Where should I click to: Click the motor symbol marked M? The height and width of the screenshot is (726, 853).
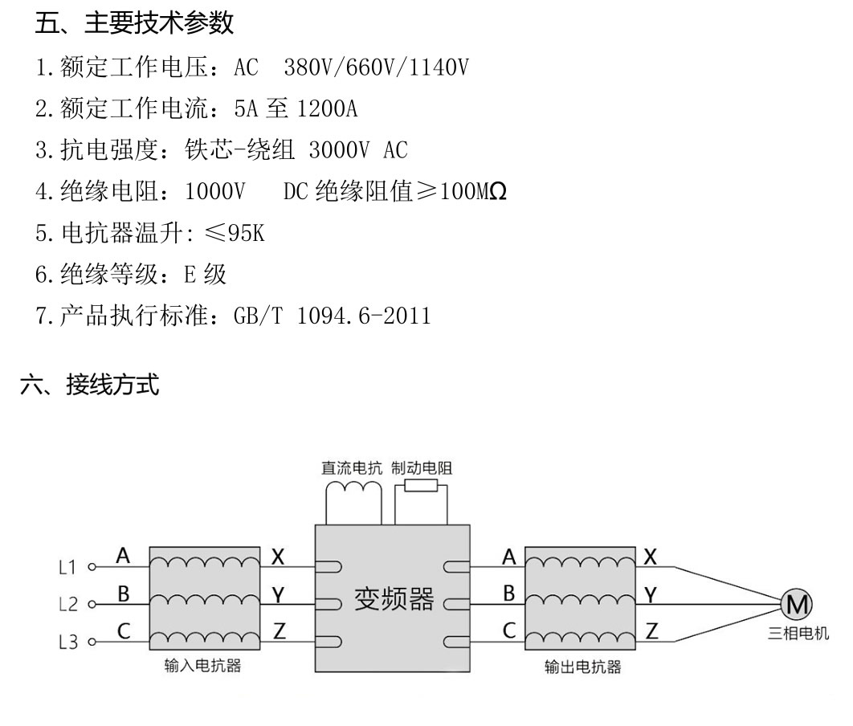pyautogui.click(x=798, y=603)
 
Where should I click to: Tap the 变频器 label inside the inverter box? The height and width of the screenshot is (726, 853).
pyautogui.click(x=394, y=599)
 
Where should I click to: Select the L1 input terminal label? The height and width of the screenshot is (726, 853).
pyautogui.click(x=68, y=567)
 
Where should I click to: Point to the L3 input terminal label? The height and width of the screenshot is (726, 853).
pyautogui.click(x=68, y=642)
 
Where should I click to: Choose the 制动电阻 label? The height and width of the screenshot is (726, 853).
pyautogui.click(x=422, y=468)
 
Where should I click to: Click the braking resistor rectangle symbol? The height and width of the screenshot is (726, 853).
pyautogui.click(x=421, y=486)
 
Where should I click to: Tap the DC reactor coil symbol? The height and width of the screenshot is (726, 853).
pyautogui.click(x=352, y=489)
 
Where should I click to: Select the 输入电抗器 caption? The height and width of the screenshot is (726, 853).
pyautogui.click(x=202, y=666)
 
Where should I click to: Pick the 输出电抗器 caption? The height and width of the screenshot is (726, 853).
pyautogui.click(x=582, y=667)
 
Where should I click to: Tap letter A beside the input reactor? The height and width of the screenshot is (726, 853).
pyautogui.click(x=123, y=555)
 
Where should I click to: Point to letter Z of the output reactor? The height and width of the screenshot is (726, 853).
pyautogui.click(x=651, y=630)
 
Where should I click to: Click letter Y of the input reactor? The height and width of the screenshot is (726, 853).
pyautogui.click(x=279, y=593)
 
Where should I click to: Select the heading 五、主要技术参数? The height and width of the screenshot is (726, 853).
pyautogui.click(x=134, y=23)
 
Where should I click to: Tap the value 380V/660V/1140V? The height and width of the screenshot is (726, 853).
pyautogui.click(x=376, y=67)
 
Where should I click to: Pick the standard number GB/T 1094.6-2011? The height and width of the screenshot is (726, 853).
pyautogui.click(x=332, y=316)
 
